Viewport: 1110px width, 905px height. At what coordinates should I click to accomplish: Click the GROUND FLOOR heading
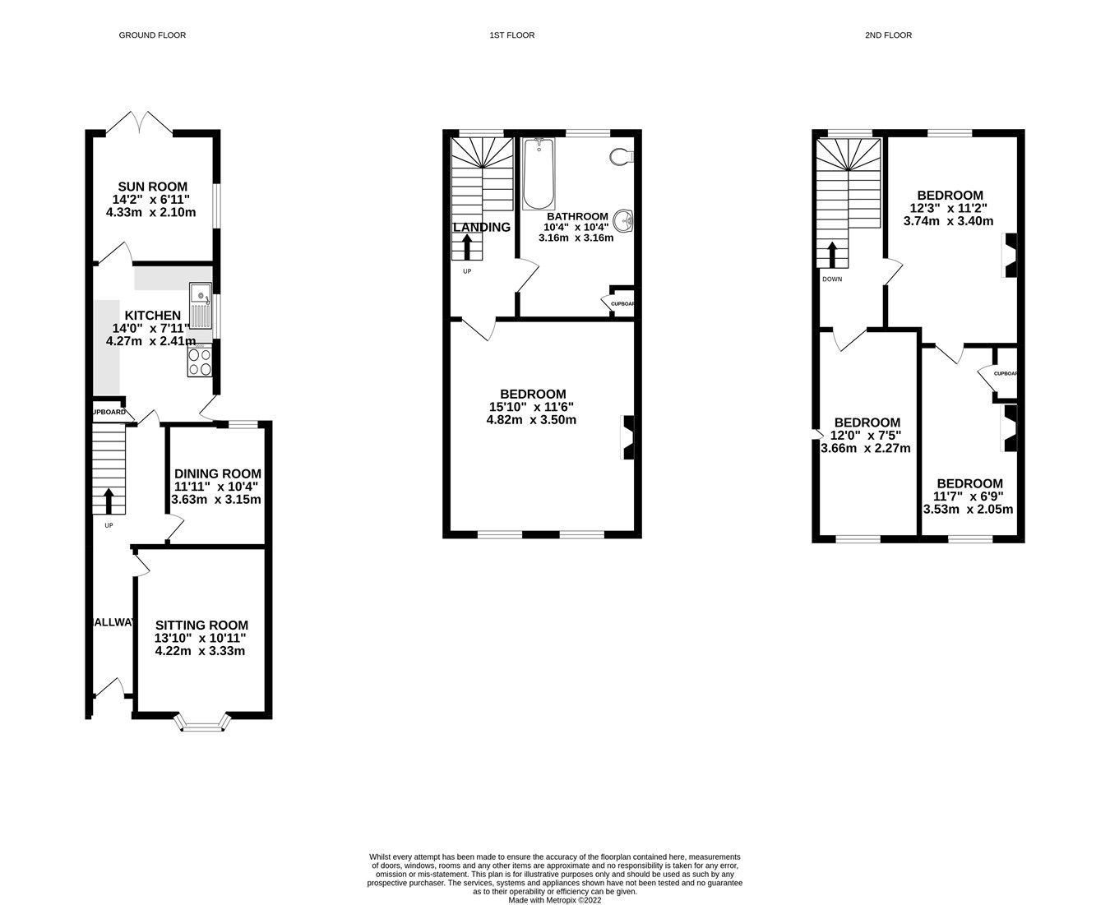(x=152, y=35)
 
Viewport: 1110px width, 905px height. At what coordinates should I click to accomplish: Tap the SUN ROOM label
(x=151, y=187)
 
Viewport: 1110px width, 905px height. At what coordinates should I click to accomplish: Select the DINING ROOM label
(x=217, y=473)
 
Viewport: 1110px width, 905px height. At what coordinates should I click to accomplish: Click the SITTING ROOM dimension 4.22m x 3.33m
(x=200, y=651)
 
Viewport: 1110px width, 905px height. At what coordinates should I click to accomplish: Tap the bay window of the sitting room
(x=201, y=724)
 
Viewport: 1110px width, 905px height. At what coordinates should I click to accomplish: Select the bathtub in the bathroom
(x=539, y=174)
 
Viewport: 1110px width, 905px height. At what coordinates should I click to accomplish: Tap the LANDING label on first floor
(x=481, y=227)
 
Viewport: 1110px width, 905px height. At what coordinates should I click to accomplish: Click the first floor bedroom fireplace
(x=627, y=437)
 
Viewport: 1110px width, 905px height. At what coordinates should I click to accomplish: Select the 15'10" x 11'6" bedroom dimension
(x=531, y=407)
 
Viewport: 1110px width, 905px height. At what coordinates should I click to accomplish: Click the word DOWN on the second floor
(x=831, y=279)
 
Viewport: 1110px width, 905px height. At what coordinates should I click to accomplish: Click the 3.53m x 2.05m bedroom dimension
(x=968, y=509)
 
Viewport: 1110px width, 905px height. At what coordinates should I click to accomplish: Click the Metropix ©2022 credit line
(x=555, y=900)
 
